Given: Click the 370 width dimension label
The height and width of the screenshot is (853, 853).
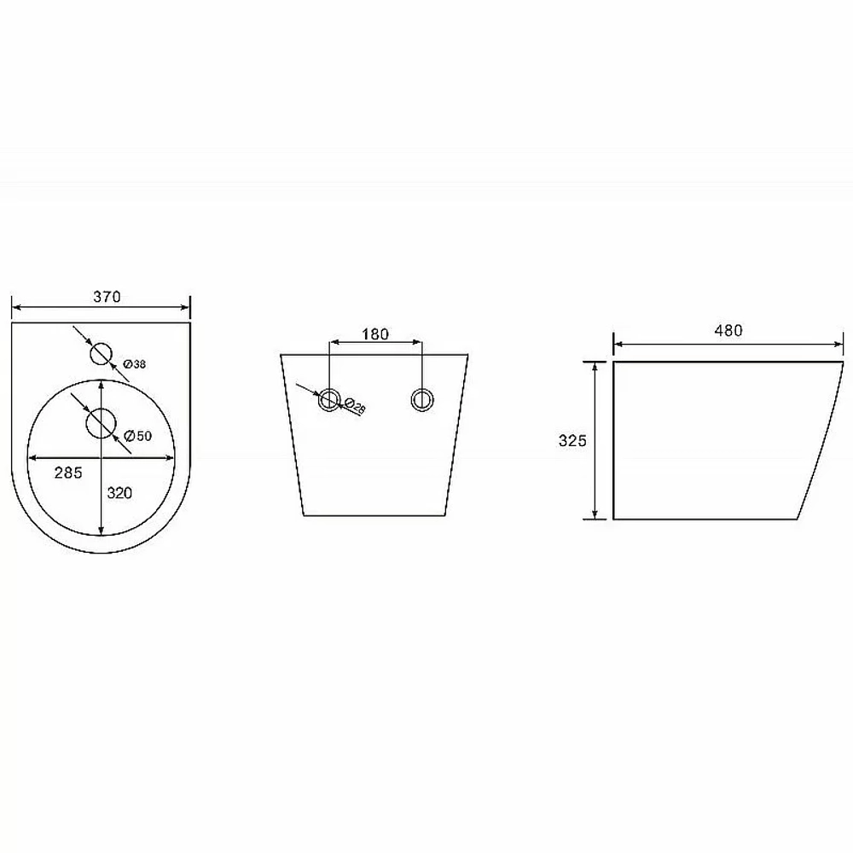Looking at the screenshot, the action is click(x=107, y=297).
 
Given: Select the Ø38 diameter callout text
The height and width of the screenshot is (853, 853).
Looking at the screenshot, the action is click(x=135, y=364).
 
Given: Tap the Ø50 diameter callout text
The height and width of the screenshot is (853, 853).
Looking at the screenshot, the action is click(x=137, y=436).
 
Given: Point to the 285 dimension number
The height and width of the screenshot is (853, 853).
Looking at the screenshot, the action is click(x=68, y=473).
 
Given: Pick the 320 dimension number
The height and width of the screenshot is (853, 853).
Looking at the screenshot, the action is click(x=119, y=493).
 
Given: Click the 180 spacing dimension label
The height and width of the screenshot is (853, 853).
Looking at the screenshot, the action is click(x=375, y=334).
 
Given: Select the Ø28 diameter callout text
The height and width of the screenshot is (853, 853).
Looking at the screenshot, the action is click(x=355, y=406).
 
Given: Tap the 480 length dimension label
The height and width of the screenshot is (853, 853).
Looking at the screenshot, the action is click(x=728, y=330).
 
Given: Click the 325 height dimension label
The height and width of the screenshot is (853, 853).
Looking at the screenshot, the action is click(x=572, y=441).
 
